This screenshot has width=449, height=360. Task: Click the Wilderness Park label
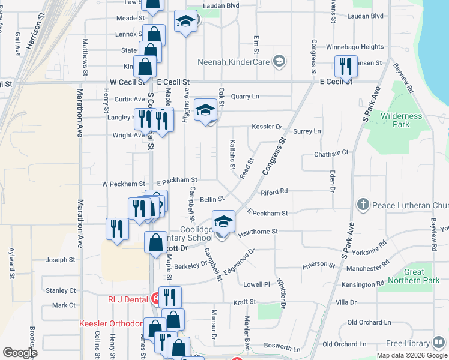pyautogui.click(x=402, y=120)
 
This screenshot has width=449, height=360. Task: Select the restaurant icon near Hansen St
pyautogui.click(x=345, y=65)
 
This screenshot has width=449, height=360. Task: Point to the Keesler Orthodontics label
pyautogui.click(x=111, y=323)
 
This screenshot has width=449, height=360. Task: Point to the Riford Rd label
pyautogui.click(x=274, y=191)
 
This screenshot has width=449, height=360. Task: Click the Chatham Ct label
pyautogui.click(x=331, y=154)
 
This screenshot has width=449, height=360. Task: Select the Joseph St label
pyautogui.click(x=61, y=260)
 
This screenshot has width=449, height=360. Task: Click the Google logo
pyautogui.click(x=20, y=353)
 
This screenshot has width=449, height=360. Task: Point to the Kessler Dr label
pyautogui.click(x=267, y=127)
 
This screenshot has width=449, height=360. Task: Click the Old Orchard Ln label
pyautogui.click(x=345, y=344)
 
